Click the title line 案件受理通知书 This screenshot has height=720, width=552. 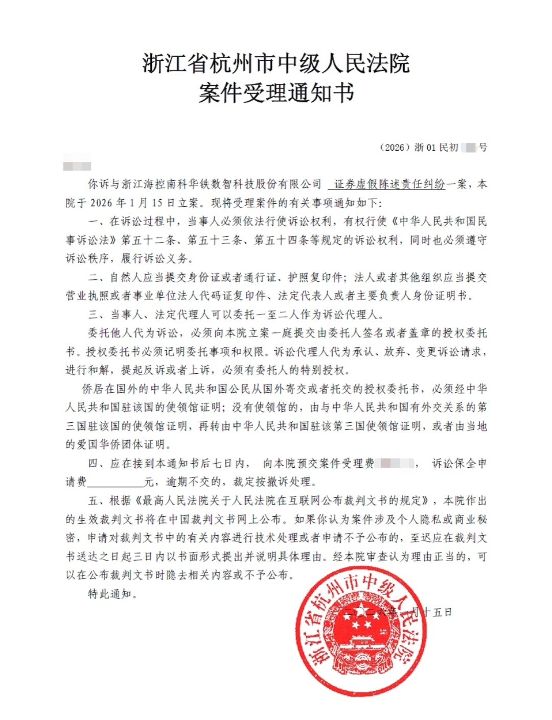coord(276,93)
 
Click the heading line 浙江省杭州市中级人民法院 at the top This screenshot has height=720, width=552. coord(276,64)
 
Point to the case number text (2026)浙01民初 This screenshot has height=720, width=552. coord(419,148)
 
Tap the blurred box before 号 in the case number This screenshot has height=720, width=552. coord(469,148)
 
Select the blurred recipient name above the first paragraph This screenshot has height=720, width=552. coord(77,166)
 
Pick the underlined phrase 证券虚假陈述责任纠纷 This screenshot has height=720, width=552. coord(389,184)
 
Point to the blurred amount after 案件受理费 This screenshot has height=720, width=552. coord(395,464)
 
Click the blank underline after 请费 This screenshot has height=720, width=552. coord(116,482)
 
